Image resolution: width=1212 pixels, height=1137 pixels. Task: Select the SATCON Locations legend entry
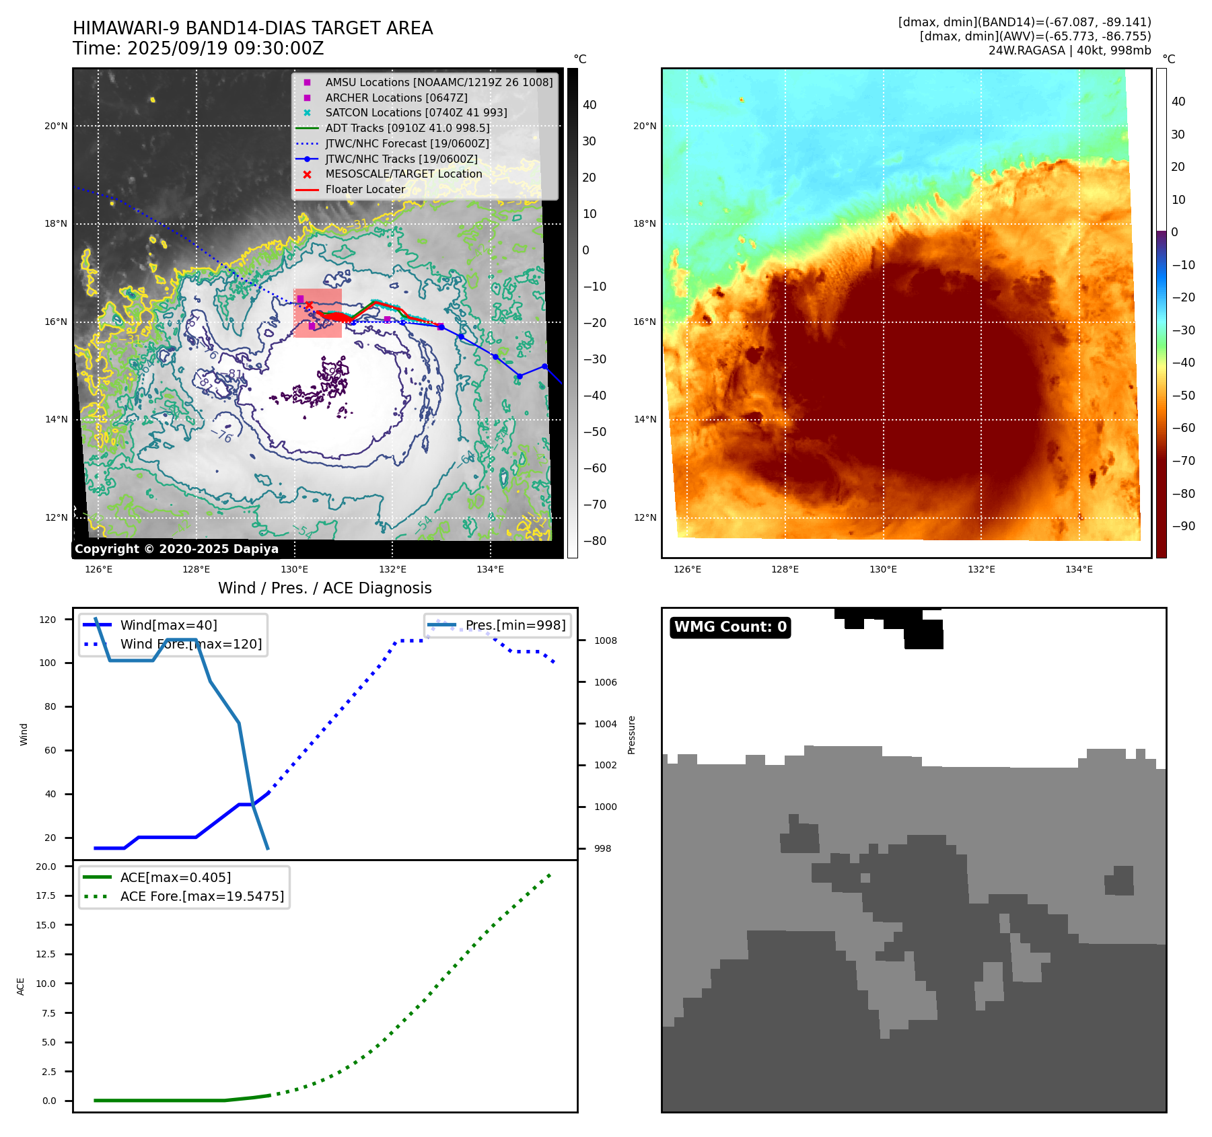click(x=416, y=113)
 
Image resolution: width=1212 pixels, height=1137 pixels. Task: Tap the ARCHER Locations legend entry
click(x=396, y=98)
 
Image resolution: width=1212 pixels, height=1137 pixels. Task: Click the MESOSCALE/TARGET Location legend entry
click(x=403, y=174)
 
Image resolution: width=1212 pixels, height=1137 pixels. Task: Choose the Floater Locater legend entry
click(x=365, y=190)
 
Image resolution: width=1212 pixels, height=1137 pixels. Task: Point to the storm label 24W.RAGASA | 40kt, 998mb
click(x=1069, y=50)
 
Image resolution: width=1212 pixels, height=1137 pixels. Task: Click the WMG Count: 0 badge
click(x=730, y=627)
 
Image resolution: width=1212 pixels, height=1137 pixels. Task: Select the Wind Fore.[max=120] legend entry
click(x=190, y=644)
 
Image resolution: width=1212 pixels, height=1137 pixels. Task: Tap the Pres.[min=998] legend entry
click(x=515, y=625)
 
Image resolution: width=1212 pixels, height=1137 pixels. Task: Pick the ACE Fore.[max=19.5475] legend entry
click(x=201, y=896)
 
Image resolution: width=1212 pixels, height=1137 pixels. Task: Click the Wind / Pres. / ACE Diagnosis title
click(x=324, y=588)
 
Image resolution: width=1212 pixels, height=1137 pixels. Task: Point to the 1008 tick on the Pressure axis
click(x=605, y=640)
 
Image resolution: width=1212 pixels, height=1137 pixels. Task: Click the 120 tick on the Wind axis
click(x=48, y=620)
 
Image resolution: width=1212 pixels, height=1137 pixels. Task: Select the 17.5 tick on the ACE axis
click(x=46, y=895)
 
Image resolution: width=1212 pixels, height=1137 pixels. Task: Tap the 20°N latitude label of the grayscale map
click(x=56, y=126)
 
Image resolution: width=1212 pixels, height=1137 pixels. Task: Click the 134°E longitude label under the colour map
click(x=1079, y=570)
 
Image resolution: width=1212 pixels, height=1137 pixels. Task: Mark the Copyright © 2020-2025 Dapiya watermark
click(x=176, y=549)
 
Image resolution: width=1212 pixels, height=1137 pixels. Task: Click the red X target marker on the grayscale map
click(x=309, y=305)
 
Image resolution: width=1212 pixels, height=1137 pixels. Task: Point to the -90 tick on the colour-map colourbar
click(x=1183, y=526)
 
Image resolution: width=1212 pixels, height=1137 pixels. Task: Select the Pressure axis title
click(x=631, y=735)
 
